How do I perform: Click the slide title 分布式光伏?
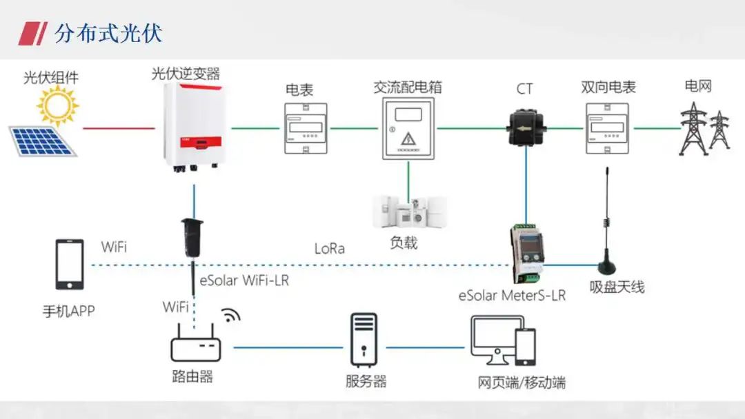108,33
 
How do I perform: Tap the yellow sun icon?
57,105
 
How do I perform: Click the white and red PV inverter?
192,125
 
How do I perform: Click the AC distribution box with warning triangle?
408,128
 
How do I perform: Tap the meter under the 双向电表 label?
607,128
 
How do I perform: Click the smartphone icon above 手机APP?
70,265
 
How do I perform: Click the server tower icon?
364,340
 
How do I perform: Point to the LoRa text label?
329,249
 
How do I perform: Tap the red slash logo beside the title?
32,33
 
